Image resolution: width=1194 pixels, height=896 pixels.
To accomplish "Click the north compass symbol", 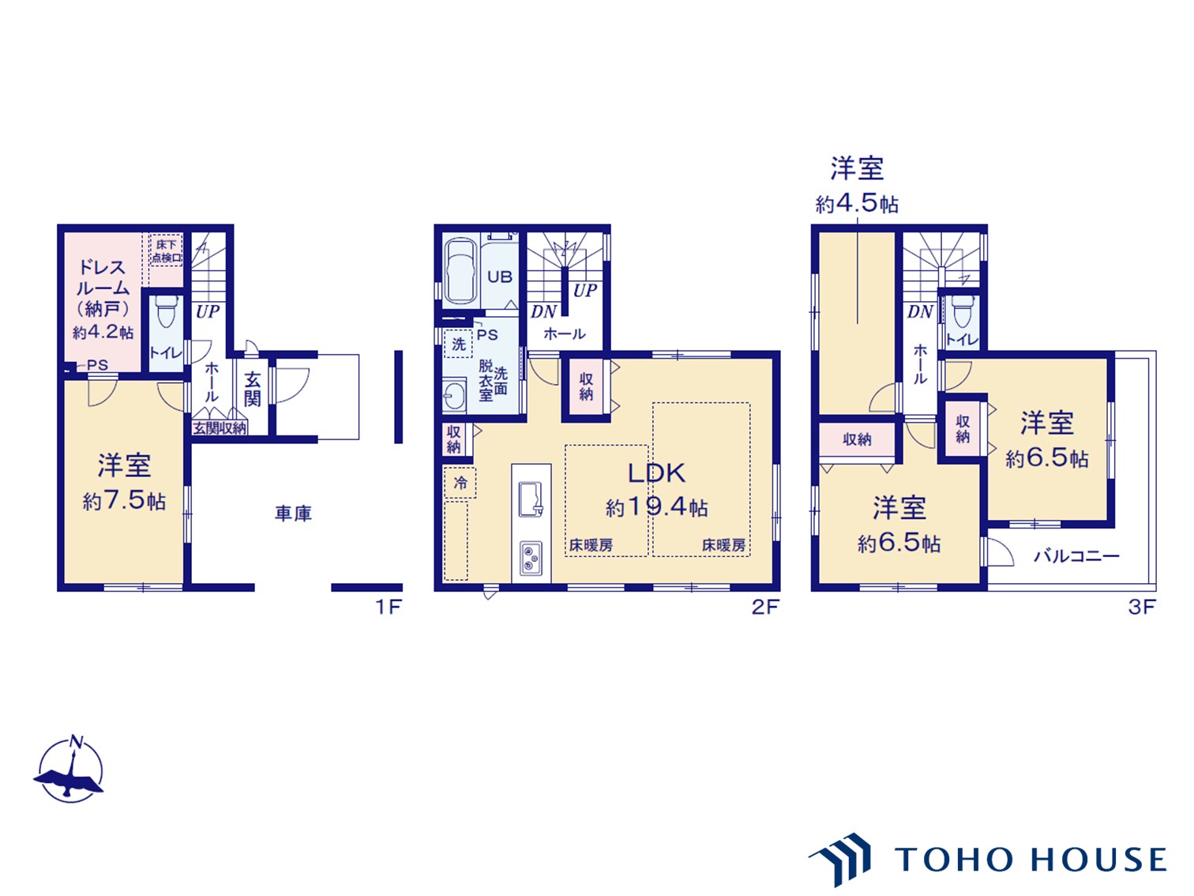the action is point(69,771).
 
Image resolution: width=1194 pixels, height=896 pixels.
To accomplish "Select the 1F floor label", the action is point(389,607).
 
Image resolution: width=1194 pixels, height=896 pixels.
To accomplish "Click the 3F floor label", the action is point(1142,607).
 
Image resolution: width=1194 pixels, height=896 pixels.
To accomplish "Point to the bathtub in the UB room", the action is point(461,272).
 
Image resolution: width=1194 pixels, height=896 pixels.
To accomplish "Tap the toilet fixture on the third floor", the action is point(963,311).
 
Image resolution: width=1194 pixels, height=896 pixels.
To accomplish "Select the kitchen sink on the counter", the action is point(531,499).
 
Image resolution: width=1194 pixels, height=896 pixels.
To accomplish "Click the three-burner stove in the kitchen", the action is point(531,558).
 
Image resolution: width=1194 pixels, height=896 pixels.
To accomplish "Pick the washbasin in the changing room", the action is point(454,396).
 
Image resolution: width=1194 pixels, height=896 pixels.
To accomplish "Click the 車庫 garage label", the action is point(293,514).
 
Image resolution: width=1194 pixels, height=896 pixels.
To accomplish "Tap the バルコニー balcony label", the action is point(1076,556).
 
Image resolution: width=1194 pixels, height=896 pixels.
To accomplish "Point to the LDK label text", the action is point(656,473).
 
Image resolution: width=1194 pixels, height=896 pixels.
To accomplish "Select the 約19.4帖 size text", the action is point(656,507).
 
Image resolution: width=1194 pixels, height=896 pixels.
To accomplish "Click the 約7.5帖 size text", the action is point(124,501).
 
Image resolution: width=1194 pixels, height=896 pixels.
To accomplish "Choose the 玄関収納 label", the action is point(220,428).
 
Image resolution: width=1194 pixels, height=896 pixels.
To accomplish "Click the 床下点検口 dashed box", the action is point(166,250).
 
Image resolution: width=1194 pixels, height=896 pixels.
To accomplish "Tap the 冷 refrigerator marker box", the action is point(460,483).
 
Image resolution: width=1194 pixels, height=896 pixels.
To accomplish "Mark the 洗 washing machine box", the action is point(459,344).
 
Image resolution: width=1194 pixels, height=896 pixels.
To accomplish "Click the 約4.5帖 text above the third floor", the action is point(857,204).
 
